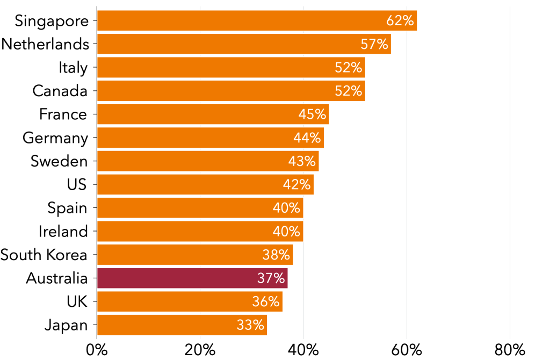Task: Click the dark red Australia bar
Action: pyautogui.click(x=192, y=278)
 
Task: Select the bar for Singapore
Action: pyautogui.click(x=256, y=21)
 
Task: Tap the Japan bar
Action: pyautogui.click(x=182, y=325)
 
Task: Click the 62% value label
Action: pyautogui.click(x=400, y=21)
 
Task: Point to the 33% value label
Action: pyautogui.click(x=250, y=325)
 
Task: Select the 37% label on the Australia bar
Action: pyautogui.click(x=271, y=278)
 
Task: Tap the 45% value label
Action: pyautogui.click(x=312, y=114)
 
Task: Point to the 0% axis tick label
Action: pyautogui.click(x=97, y=350)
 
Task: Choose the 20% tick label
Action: pyautogui.click(x=200, y=350)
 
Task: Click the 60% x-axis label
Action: pyautogui.click(x=407, y=350)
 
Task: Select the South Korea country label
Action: pyautogui.click(x=44, y=255)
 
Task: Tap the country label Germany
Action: pyautogui.click(x=55, y=138)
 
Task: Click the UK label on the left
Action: pyautogui.click(x=77, y=301)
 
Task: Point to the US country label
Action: pyautogui.click(x=77, y=185)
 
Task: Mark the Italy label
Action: pyautogui.click(x=73, y=68)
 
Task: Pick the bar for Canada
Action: pyautogui.click(x=230, y=91)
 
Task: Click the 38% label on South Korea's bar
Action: pyautogui.click(x=276, y=255)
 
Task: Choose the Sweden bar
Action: pyautogui.click(x=207, y=161)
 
